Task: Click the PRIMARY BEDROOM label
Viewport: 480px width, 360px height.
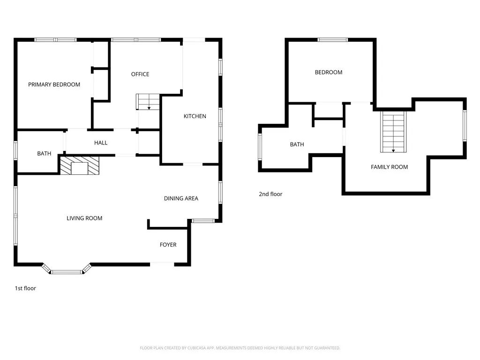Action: click(x=54, y=85)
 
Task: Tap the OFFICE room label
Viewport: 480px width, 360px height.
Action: click(x=140, y=74)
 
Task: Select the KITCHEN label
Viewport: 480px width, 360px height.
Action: click(x=195, y=116)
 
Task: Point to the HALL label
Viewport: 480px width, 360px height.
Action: click(x=101, y=142)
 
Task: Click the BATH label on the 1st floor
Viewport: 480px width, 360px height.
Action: click(x=44, y=154)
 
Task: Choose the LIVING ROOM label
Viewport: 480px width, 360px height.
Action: click(x=84, y=218)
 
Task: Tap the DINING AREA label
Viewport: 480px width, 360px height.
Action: click(x=181, y=198)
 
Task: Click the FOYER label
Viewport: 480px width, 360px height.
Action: click(x=168, y=245)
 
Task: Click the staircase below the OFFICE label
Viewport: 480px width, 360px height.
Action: click(x=148, y=102)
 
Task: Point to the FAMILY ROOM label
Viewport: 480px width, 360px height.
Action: click(x=389, y=167)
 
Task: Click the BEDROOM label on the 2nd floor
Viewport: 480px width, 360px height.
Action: click(x=328, y=72)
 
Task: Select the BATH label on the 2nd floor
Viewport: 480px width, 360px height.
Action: click(x=297, y=144)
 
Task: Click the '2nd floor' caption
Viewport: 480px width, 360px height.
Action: click(x=270, y=194)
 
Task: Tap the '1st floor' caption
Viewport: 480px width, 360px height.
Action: click(x=25, y=288)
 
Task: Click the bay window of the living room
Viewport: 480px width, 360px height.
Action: click(x=66, y=270)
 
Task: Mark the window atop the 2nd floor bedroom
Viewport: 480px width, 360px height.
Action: click(x=333, y=40)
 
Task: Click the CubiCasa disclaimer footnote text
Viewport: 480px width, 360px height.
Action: click(x=240, y=348)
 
